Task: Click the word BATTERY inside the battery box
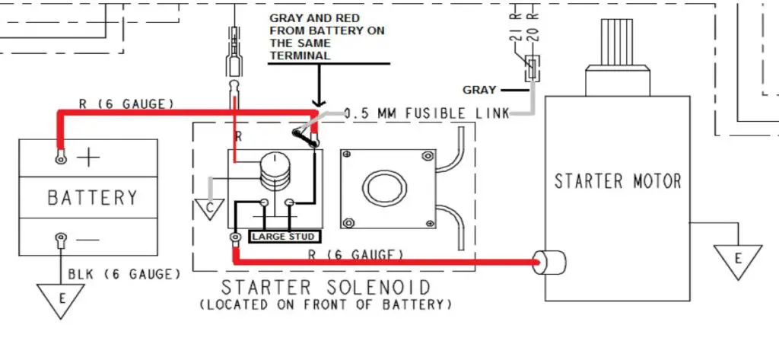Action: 92,198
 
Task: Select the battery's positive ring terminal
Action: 59,158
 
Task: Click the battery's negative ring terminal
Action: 59,243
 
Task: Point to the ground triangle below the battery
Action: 60,298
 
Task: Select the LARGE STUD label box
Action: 282,237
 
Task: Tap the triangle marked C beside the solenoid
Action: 208,206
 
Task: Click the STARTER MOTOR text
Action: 617,181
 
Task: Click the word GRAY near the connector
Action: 479,90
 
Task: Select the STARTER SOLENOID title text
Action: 326,288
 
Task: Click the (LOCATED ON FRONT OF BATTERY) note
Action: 325,304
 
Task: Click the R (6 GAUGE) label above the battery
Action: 127,103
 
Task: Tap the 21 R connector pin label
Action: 515,35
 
